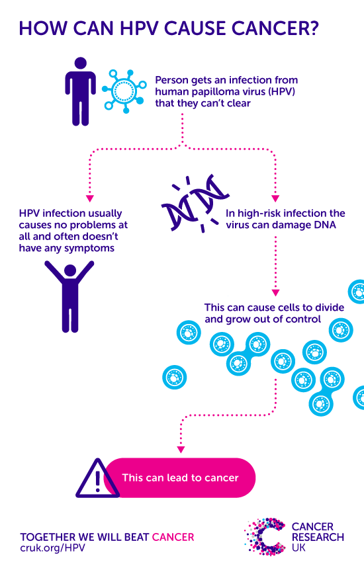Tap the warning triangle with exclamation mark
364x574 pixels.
97,477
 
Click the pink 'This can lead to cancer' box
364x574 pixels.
180,477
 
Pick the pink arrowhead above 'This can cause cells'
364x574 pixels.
276,292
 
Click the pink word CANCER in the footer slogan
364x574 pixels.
173,536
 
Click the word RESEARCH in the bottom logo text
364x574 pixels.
318,538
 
